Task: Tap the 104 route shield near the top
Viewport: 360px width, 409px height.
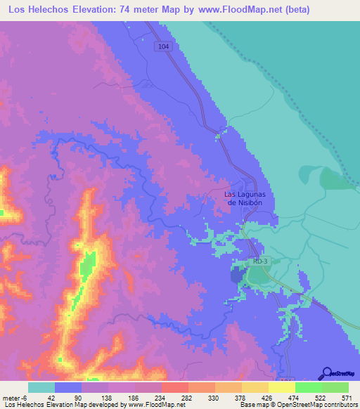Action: [x=164, y=46]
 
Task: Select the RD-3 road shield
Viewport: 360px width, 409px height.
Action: [x=259, y=261]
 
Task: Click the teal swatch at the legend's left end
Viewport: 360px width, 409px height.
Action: [x=41, y=387]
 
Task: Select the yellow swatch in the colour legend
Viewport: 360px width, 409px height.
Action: [x=282, y=387]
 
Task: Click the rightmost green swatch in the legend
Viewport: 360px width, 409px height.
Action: [x=335, y=387]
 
